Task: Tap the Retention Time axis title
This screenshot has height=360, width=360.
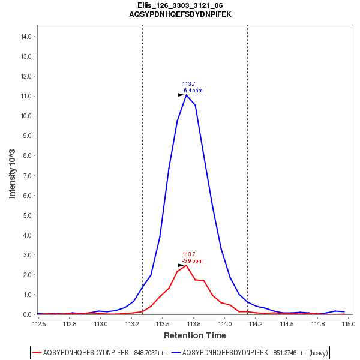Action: [x=195, y=335]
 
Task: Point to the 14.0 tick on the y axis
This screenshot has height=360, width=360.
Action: [x=26, y=37]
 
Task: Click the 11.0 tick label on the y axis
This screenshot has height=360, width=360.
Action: [x=26, y=96]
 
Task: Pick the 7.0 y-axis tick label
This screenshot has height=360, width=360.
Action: [x=26, y=175]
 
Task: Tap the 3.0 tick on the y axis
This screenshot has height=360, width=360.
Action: [x=26, y=255]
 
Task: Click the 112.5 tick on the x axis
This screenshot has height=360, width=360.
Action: [x=39, y=324]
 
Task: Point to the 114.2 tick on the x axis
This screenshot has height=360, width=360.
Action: [x=256, y=324]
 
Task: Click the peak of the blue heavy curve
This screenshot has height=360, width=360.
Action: [x=187, y=95]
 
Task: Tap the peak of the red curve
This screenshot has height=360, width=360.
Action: [x=187, y=265]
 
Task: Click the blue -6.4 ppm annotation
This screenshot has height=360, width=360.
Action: [x=192, y=91]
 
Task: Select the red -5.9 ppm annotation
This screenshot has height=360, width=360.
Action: [x=192, y=261]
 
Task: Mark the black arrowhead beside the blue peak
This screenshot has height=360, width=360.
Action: [x=181, y=95]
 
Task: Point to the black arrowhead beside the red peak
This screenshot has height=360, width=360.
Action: [x=181, y=265]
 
